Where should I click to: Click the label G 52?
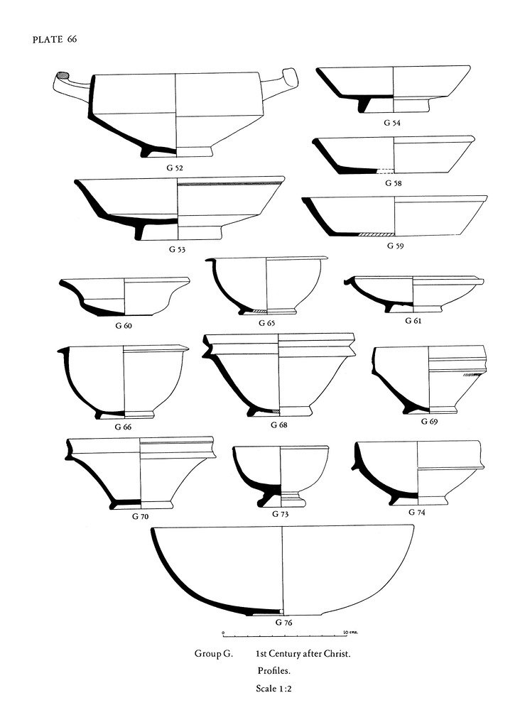[x=175, y=168]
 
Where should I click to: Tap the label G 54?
[x=392, y=123]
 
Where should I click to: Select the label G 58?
[x=394, y=183]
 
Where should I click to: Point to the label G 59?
[x=395, y=246]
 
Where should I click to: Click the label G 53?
[x=177, y=249]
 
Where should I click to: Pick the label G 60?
[x=124, y=325]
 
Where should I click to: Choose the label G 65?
[x=266, y=323]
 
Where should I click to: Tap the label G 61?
[x=413, y=320]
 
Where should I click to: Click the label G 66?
[x=123, y=427]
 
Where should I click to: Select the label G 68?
[x=279, y=425]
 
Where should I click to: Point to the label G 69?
[x=429, y=422]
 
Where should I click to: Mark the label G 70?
[x=140, y=517]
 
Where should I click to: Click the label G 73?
[x=280, y=514]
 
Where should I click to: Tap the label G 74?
[x=416, y=513]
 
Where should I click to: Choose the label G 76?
[x=283, y=622]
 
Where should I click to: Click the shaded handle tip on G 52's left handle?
[x=63, y=75]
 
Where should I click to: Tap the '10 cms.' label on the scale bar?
[x=350, y=632]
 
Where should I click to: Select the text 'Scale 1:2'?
[x=273, y=689]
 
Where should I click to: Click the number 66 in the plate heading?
[x=72, y=40]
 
